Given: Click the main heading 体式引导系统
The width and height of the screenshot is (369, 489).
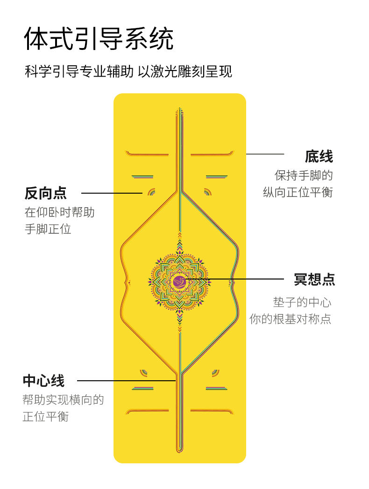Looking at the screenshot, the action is coord(99,39).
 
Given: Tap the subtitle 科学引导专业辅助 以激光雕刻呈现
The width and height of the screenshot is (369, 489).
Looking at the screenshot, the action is coord(128,71).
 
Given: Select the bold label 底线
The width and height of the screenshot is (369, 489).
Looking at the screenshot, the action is coord(319,156).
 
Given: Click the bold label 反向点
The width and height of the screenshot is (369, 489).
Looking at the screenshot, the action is coord(46,193).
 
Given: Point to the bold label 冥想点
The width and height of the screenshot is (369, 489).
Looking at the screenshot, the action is coord(314,279).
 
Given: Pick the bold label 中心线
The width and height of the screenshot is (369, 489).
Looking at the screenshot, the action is coord(43,381).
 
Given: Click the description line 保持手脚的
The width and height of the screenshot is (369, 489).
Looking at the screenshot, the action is coord(304,175).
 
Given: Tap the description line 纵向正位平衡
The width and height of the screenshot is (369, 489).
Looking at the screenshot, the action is coord(298,192).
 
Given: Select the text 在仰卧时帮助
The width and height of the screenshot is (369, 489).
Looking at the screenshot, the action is coord(59,212).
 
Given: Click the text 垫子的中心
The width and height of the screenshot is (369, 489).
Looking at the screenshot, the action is coord(302,302).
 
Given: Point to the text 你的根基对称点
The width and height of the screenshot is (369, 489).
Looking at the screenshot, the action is coord(290,320).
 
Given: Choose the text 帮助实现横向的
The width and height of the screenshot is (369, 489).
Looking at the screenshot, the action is coord(63,400).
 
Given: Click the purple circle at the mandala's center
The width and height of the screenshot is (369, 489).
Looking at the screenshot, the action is coord(179,281).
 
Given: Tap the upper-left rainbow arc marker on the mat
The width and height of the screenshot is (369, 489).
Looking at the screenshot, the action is coord(151,191).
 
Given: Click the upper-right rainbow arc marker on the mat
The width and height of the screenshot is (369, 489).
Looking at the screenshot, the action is coord(208,191).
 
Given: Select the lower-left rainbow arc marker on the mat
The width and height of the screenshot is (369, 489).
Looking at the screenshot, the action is coord(144,372).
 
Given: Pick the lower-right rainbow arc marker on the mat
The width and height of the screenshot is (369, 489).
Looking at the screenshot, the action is coord(215,372).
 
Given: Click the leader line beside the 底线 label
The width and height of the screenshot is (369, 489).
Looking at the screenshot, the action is coord(265,154).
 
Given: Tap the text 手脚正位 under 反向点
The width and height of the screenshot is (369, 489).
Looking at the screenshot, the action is coord(48,229).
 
